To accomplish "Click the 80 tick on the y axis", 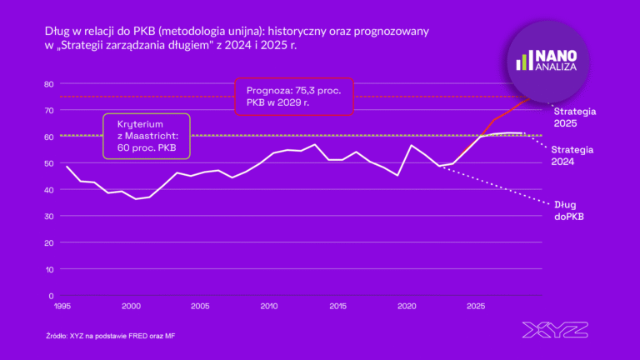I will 48,83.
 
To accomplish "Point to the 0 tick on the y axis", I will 51,296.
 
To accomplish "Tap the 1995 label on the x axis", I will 62,307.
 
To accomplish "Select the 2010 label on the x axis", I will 269,307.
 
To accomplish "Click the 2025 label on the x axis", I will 476,307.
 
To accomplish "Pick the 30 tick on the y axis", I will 48,216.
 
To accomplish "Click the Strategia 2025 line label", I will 575,117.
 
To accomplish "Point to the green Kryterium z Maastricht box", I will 146,136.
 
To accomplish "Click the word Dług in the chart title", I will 57,32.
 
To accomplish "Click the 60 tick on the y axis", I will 48,137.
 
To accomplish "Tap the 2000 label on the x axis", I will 131,307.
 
